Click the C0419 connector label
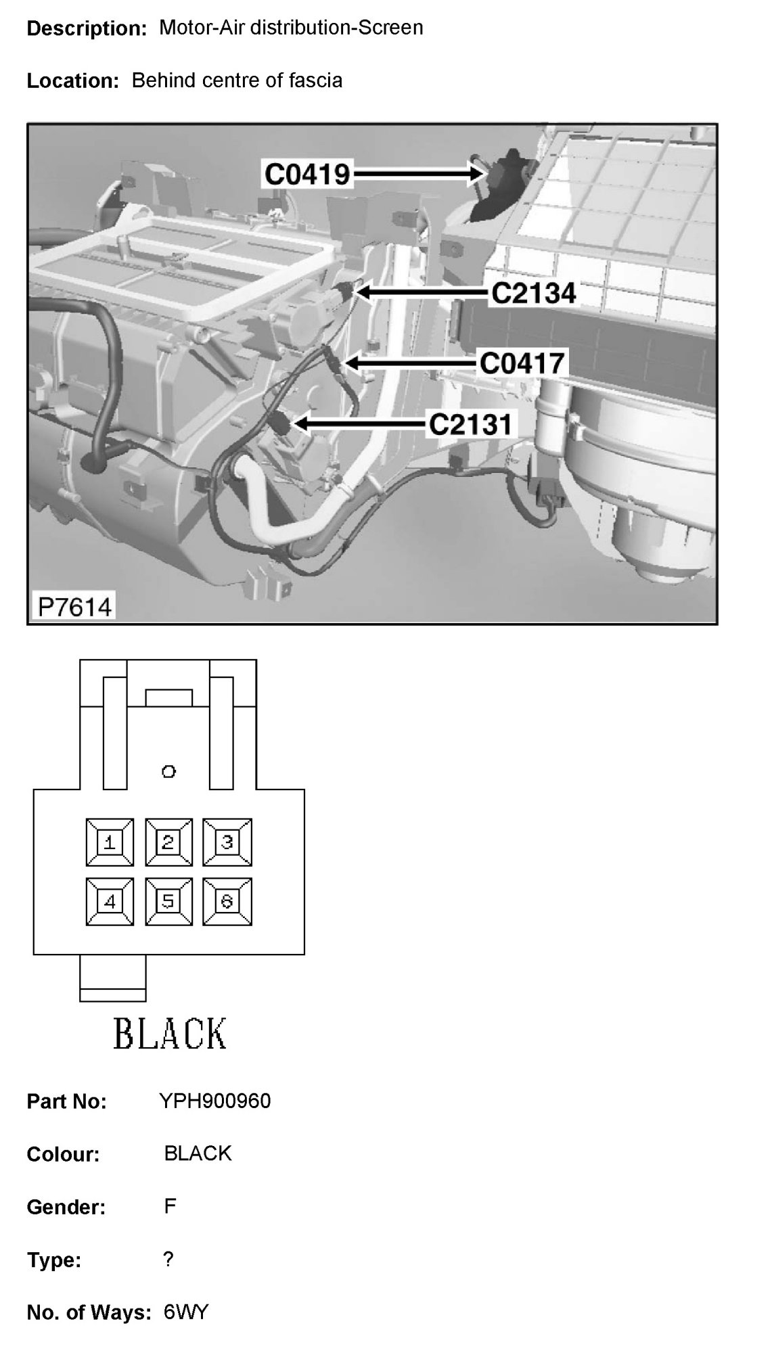coord(307,175)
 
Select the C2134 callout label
coord(534,294)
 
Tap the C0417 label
coord(522,364)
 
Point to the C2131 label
coord(471,425)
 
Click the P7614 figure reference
coord(74,606)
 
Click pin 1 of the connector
coord(110,842)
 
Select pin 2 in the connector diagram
coord(168,842)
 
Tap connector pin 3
coord(227,842)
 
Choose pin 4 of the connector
coord(110,901)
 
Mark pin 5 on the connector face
coord(168,901)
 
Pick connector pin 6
coord(227,901)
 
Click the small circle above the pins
coord(168,771)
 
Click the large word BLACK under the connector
coord(170,1034)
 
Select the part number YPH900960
coord(215,1101)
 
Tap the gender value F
coord(170,1206)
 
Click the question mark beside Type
coord(168,1259)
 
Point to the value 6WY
coord(186,1312)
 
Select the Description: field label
coord(87,28)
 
